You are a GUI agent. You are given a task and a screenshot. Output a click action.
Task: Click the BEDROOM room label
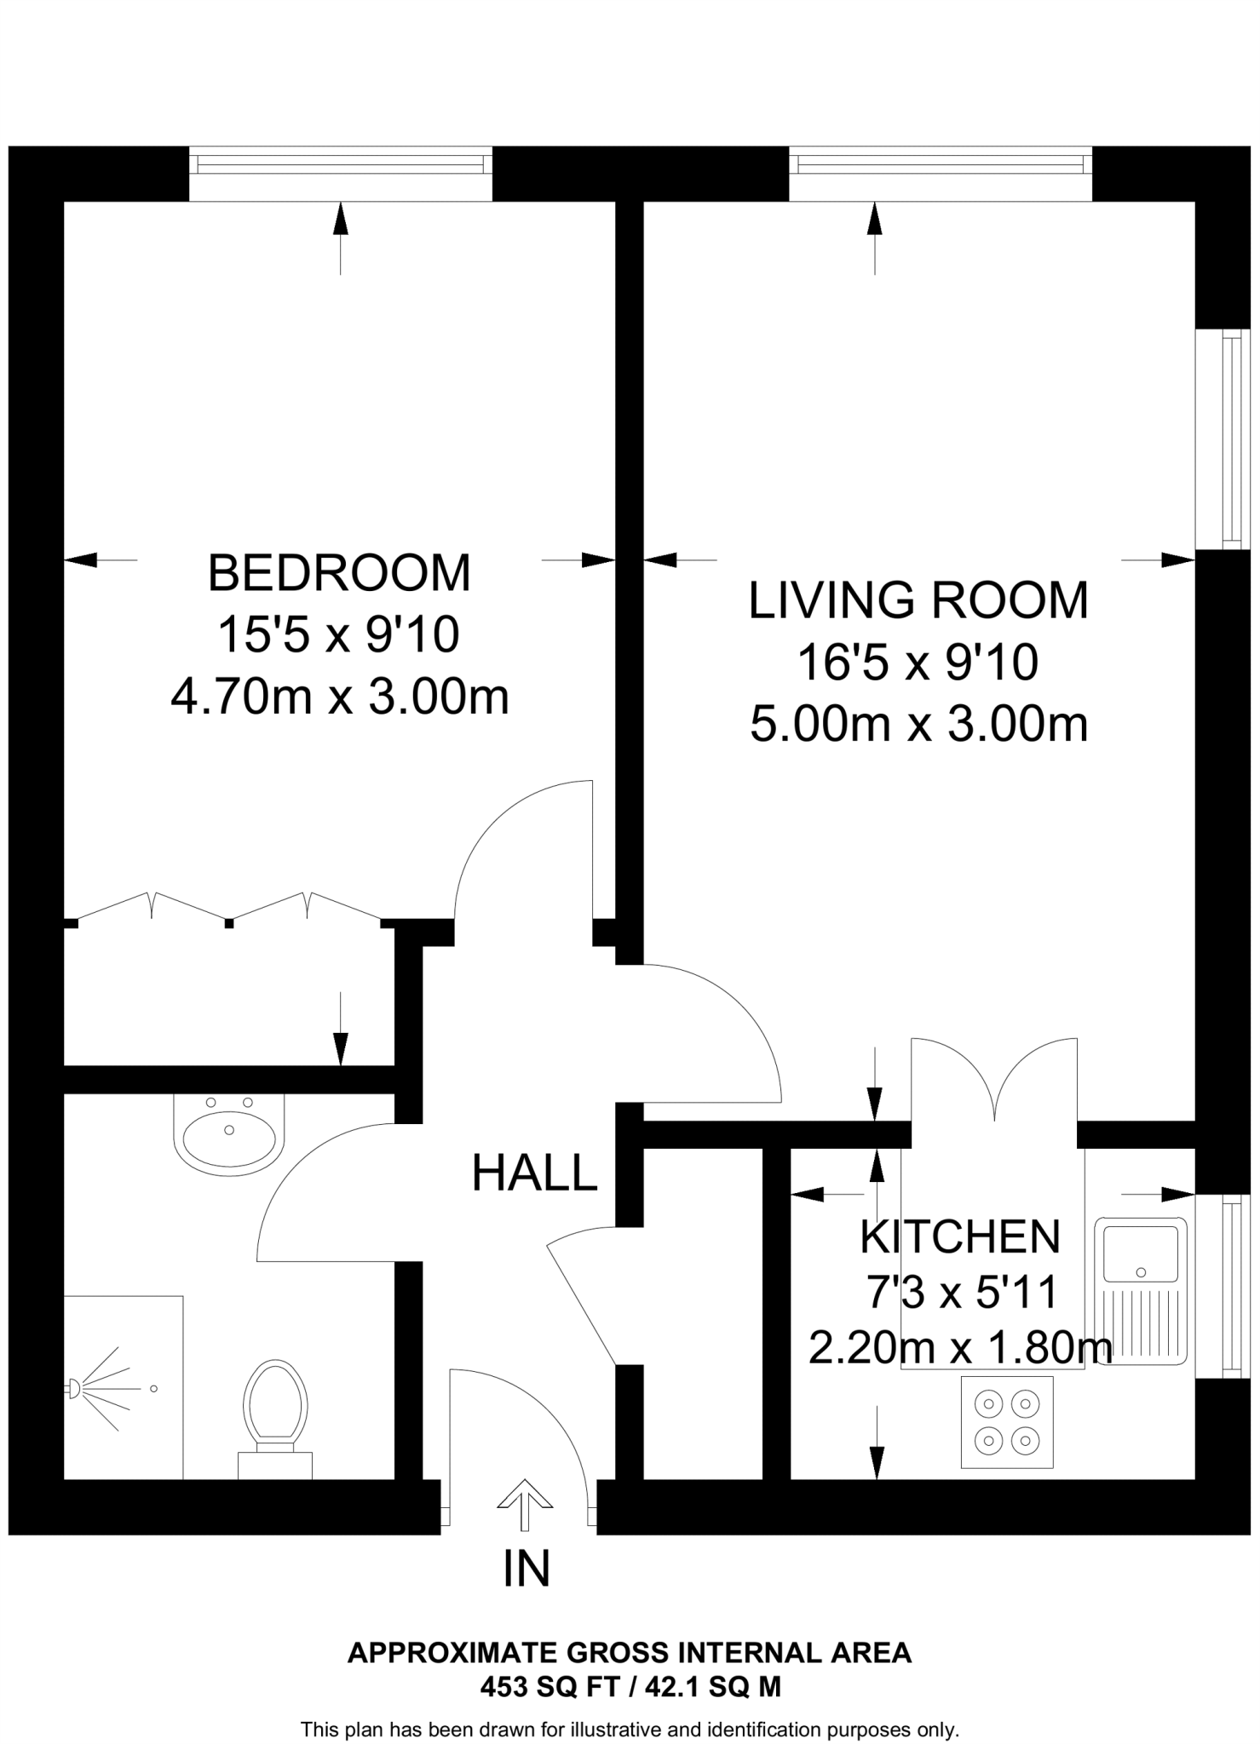tap(339, 573)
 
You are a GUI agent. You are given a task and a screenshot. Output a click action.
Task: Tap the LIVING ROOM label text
tap(918, 600)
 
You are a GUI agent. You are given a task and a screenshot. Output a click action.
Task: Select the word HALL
tap(534, 1173)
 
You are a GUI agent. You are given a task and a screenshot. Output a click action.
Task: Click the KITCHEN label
tap(960, 1236)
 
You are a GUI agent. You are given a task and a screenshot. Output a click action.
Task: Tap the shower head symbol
tap(75, 1389)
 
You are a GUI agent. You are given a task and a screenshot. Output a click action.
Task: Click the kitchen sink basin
tap(1141, 1252)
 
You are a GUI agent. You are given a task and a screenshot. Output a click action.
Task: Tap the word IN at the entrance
tap(526, 1569)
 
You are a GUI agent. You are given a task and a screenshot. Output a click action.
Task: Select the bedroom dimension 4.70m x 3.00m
tap(339, 697)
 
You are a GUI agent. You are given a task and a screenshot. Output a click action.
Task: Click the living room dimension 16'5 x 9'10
tap(918, 663)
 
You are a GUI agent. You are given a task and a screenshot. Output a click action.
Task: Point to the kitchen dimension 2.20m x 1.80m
tap(960, 1348)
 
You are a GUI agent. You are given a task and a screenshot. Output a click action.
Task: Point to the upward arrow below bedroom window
tap(340, 238)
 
